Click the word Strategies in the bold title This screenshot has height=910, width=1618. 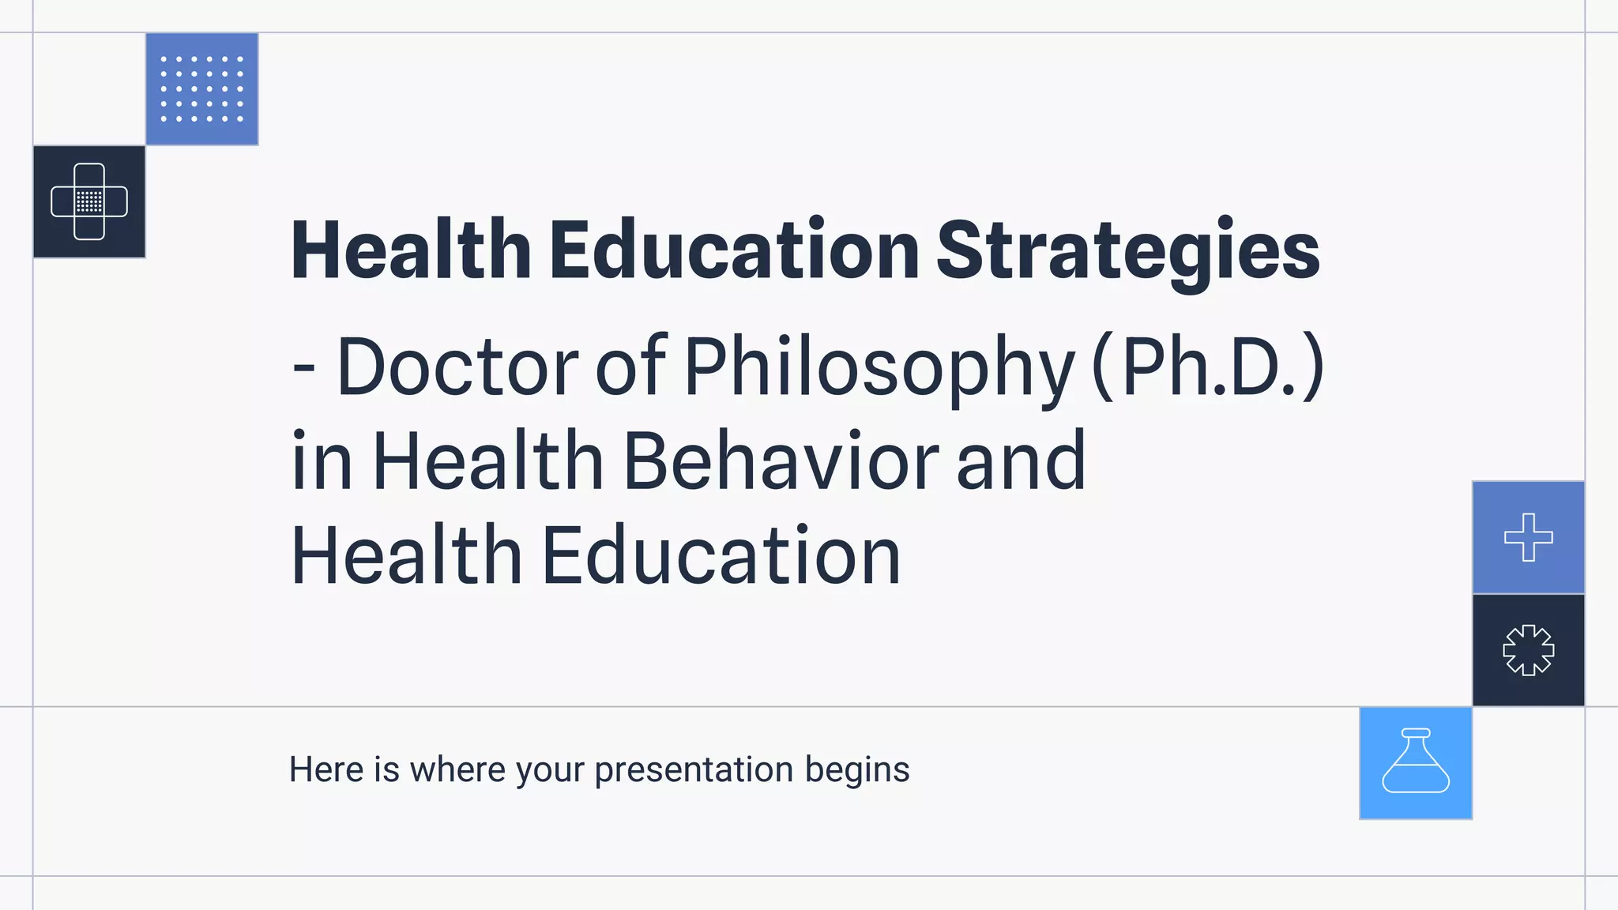pos(1127,251)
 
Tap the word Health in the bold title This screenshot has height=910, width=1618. pos(411,251)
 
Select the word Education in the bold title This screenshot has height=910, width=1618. pos(734,251)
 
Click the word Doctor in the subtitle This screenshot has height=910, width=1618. pos(457,367)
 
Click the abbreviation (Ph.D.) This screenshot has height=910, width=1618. pos(1207,367)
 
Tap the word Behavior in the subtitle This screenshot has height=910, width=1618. pos(781,461)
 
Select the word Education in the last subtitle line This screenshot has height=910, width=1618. pos(721,556)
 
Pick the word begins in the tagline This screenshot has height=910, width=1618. pos(857,770)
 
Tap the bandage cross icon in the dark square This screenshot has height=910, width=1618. pos(89,201)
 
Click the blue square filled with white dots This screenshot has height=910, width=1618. pos(201,89)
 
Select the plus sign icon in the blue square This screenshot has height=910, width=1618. pos(1528,537)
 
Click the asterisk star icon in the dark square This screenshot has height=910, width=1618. pos(1528,650)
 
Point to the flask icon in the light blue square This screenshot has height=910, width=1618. pos(1415,762)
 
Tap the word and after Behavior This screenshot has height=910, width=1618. pos(1021,461)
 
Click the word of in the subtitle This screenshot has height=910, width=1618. pos(630,367)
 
